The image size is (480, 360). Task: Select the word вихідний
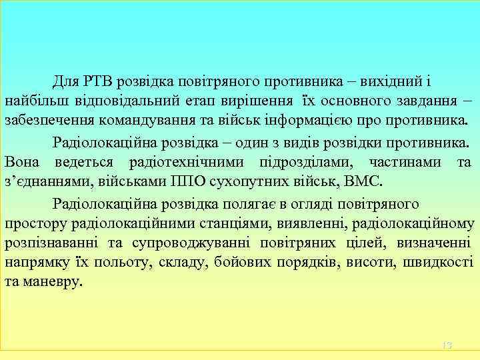pyautogui.click(x=389, y=82)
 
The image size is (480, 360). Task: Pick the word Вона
pyautogui.click(x=21, y=162)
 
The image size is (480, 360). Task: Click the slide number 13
pyautogui.click(x=447, y=345)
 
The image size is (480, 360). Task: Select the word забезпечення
pyautogui.click(x=45, y=122)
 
